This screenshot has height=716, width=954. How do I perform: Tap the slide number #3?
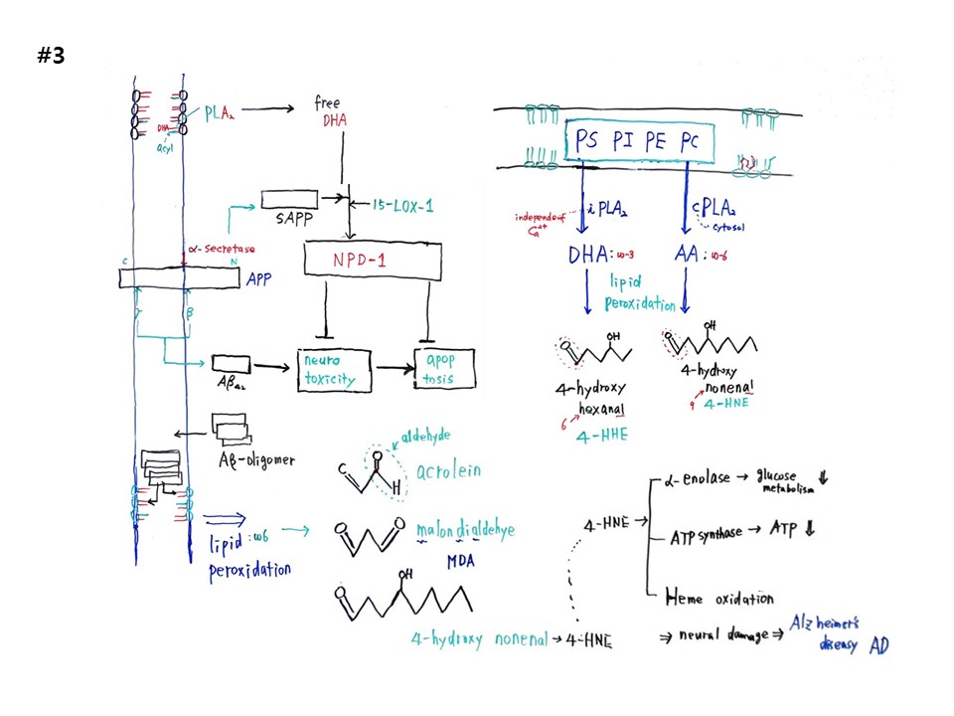51,56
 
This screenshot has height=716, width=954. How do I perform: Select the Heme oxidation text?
717,598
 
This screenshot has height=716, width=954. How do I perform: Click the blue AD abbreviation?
879,645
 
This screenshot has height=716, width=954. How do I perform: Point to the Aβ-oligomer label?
255,459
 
